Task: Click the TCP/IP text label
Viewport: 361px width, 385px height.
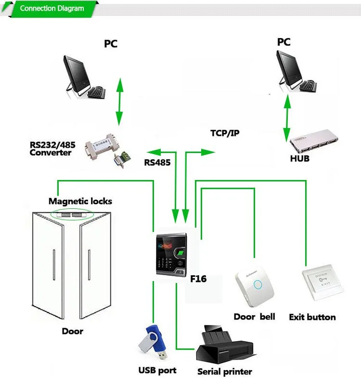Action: click(x=224, y=133)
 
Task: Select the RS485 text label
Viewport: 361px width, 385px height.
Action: click(x=157, y=162)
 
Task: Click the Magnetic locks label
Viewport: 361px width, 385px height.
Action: click(x=80, y=201)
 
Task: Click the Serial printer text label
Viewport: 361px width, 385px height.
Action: click(x=224, y=372)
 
